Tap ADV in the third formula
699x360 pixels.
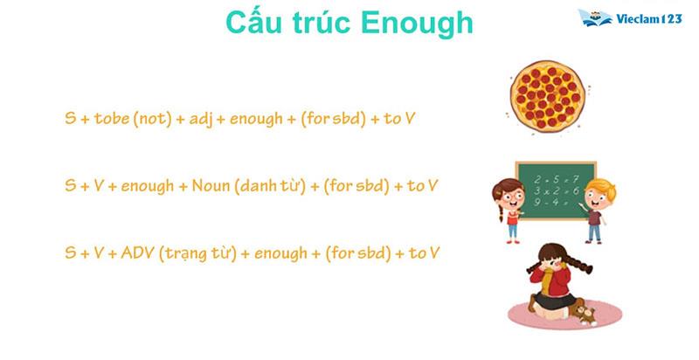137,253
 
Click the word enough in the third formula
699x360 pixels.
276,253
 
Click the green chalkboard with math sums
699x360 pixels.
555,188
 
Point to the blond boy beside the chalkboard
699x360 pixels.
596,208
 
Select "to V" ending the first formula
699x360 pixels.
398,117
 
